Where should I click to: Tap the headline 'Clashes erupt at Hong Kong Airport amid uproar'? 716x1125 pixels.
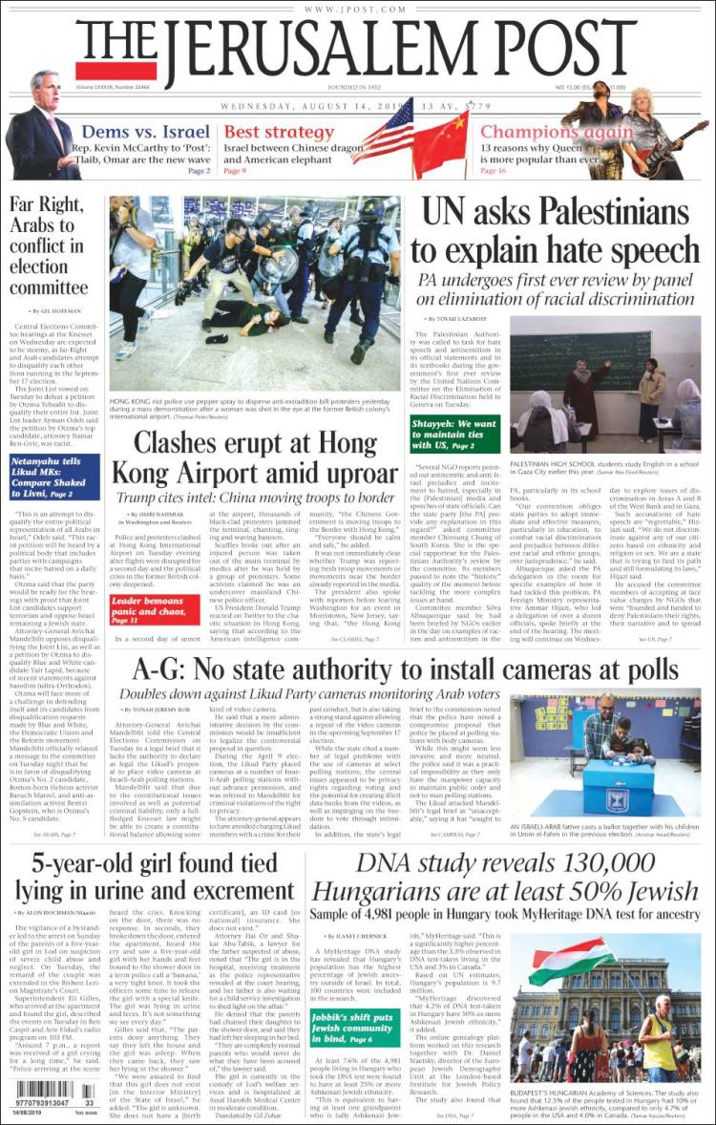(x=255, y=458)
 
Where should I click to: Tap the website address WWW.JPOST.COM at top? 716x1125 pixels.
(x=358, y=9)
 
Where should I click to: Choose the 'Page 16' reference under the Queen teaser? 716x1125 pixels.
(x=493, y=170)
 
